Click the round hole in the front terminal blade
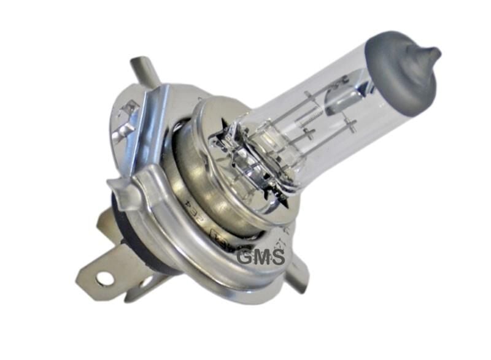click(104, 279)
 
